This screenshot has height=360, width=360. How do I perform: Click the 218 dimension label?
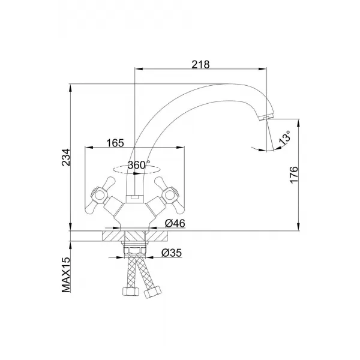[200, 65]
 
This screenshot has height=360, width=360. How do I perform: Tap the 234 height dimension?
[65, 157]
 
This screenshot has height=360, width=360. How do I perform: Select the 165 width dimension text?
[115, 143]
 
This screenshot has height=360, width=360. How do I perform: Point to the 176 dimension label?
[294, 175]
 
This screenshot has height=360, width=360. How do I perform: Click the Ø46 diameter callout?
[175, 223]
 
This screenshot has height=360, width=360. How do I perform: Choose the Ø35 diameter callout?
[172, 253]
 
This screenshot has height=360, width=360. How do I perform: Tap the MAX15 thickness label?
[66, 275]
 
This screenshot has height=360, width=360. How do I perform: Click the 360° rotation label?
[139, 165]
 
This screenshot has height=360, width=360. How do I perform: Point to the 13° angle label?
[284, 138]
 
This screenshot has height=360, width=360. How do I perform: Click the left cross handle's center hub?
[99, 196]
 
